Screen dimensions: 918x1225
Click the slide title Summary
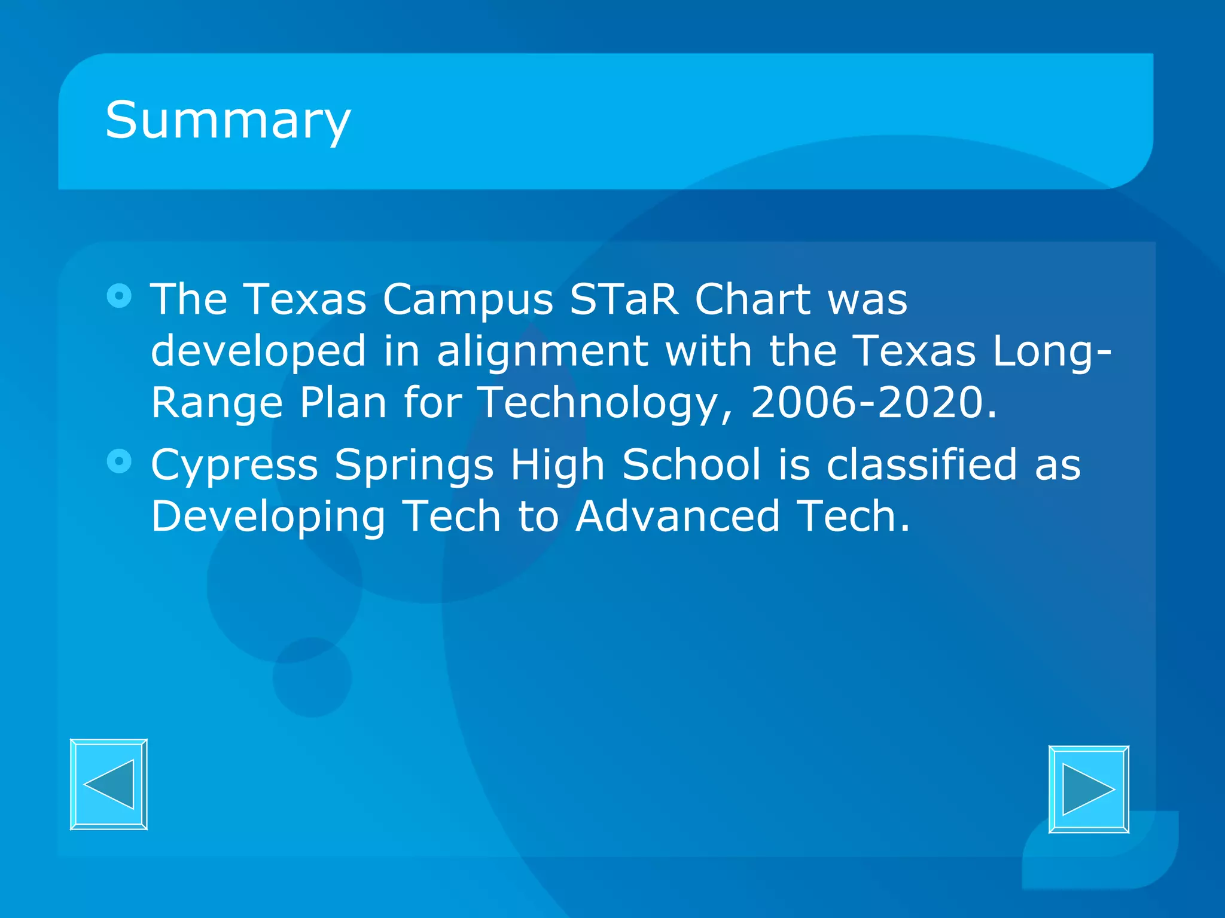[228, 121]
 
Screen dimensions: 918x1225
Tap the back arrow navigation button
[109, 784]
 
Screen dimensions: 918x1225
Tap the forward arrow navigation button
[1089, 790]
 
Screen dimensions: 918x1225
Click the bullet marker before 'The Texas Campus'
[119, 296]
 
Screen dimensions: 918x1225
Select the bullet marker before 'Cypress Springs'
[119, 461]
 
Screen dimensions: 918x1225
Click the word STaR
[624, 299]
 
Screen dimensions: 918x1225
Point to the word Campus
[468, 300]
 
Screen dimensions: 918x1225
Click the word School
[691, 464]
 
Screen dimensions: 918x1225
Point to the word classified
[922, 464]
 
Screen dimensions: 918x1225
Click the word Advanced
[678, 516]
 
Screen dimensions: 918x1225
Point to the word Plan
[343, 402]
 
